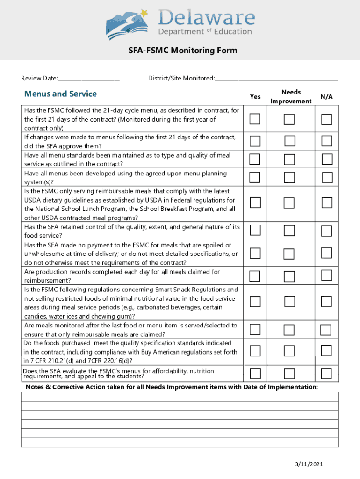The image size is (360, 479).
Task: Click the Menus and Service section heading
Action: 60,94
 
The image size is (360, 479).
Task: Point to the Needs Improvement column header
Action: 291,97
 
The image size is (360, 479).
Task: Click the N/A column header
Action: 326,96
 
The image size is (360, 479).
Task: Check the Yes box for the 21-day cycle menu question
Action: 255,119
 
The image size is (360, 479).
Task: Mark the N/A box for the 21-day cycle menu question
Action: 326,119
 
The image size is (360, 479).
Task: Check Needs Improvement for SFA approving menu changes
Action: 290,141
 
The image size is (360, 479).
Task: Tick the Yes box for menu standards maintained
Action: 255,160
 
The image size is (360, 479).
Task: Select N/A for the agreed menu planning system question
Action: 326,178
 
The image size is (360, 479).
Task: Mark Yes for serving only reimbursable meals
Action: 255,203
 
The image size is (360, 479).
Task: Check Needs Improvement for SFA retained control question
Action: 290,230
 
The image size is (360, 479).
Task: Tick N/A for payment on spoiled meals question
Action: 326,253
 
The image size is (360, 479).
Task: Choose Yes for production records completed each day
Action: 255,276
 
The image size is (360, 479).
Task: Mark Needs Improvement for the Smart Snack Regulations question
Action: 290,302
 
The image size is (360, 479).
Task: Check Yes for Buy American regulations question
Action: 255,351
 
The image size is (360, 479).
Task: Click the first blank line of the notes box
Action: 180,397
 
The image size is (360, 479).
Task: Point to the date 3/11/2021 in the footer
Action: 309,464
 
